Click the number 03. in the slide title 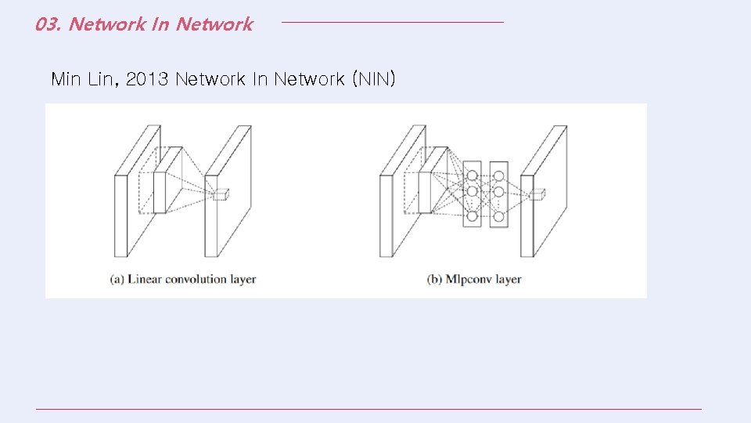pyautogui.click(x=48, y=24)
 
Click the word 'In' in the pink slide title pyautogui.click(x=160, y=24)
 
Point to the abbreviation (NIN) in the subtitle pyautogui.click(x=375, y=79)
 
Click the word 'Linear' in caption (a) pyautogui.click(x=146, y=279)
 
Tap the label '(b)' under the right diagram pyautogui.click(x=436, y=279)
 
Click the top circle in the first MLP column pyautogui.click(x=472, y=174)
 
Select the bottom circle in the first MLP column pyautogui.click(x=472, y=216)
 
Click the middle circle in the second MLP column pyautogui.click(x=498, y=192)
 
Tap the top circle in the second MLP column pyautogui.click(x=498, y=174)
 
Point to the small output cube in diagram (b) pyautogui.click(x=538, y=193)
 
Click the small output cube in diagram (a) pyautogui.click(x=220, y=193)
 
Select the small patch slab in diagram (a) pyautogui.click(x=159, y=192)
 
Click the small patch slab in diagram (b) pyautogui.click(x=424, y=192)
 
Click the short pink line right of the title pyautogui.click(x=392, y=22)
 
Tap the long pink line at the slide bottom pyautogui.click(x=368, y=409)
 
